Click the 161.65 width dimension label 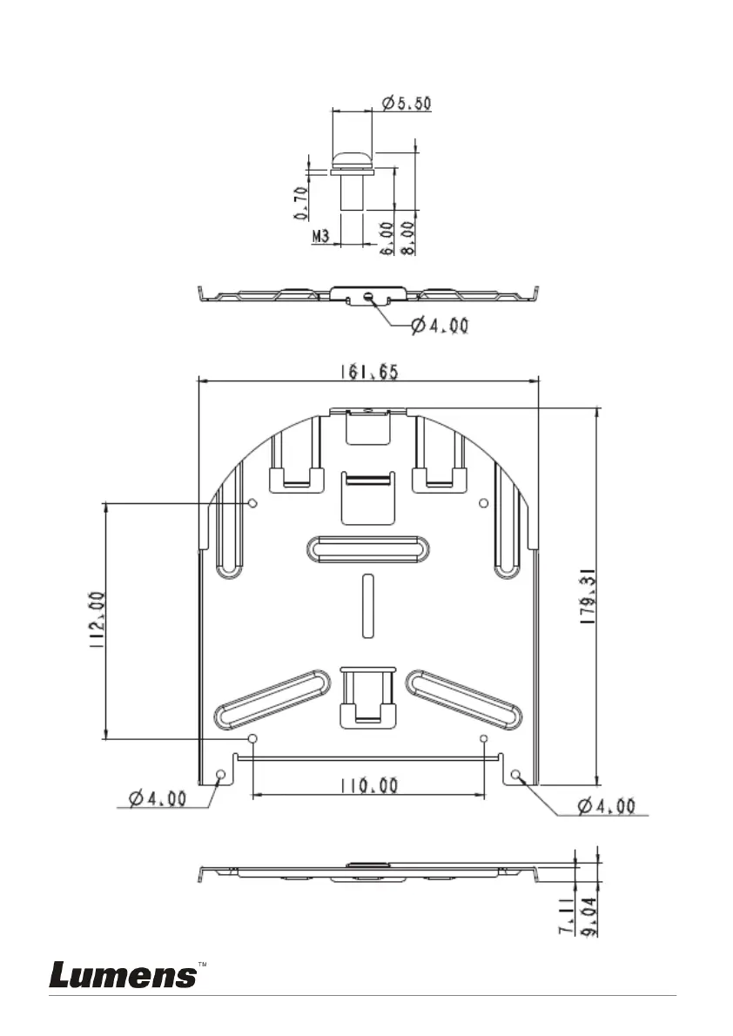pyautogui.click(x=369, y=372)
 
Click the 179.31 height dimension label pyautogui.click(x=588, y=597)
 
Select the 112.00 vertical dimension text pyautogui.click(x=98, y=619)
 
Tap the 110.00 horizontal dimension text pyautogui.click(x=369, y=785)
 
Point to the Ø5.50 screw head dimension pyautogui.click(x=407, y=103)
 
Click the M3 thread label pyautogui.click(x=320, y=236)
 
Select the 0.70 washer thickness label pyautogui.click(x=301, y=203)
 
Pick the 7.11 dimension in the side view pyautogui.click(x=567, y=915)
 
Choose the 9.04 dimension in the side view pyautogui.click(x=588, y=916)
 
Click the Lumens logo pyautogui.click(x=124, y=975)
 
